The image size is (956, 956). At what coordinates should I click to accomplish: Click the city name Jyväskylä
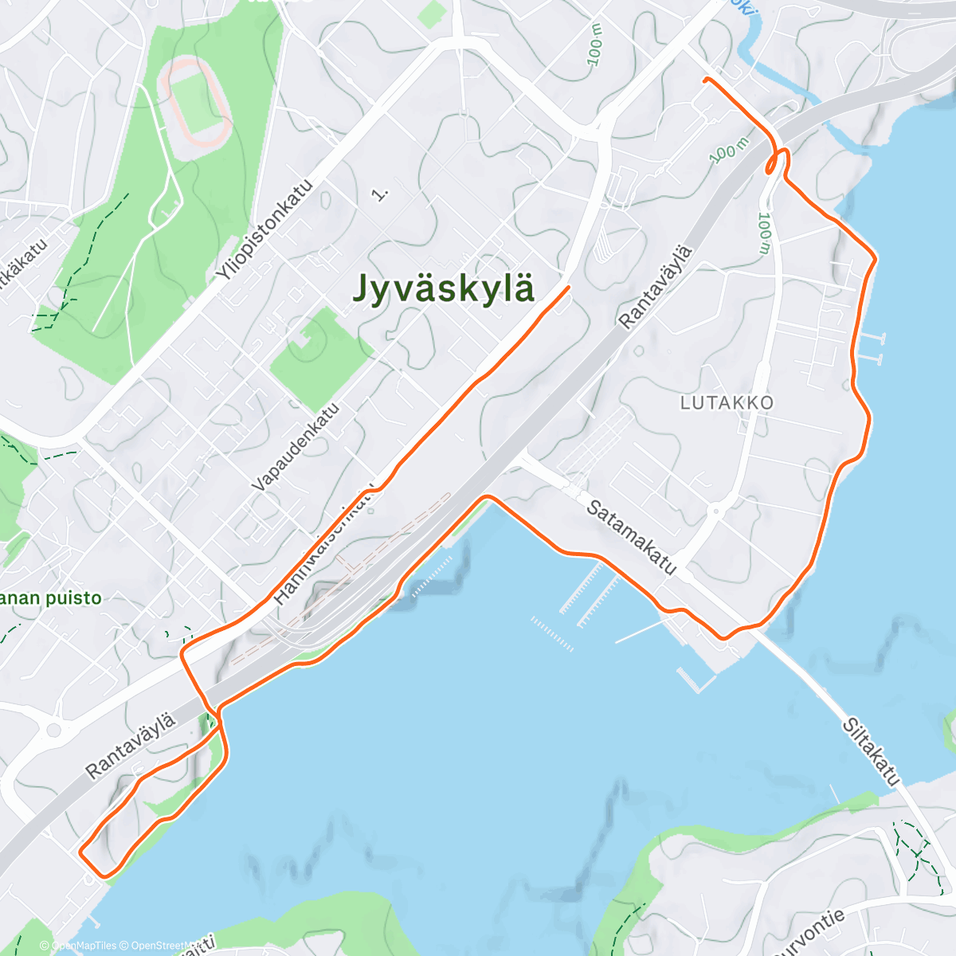(x=443, y=288)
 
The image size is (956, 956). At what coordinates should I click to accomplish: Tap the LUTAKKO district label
(x=727, y=403)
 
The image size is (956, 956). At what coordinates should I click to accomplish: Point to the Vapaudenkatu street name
(x=296, y=447)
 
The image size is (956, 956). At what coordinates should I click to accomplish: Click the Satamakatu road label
(x=632, y=537)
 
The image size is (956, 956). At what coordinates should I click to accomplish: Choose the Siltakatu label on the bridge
(x=871, y=752)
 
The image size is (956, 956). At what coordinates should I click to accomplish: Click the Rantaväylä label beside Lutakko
(x=656, y=287)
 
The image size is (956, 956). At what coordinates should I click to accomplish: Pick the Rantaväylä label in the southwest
(x=130, y=746)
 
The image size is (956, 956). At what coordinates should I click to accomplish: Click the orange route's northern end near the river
(x=705, y=79)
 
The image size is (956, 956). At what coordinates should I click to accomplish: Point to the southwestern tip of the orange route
(x=80, y=851)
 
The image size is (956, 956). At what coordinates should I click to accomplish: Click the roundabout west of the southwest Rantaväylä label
(x=53, y=729)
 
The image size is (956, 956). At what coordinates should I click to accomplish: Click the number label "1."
(x=381, y=193)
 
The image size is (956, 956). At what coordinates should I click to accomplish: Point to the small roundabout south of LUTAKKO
(x=715, y=510)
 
